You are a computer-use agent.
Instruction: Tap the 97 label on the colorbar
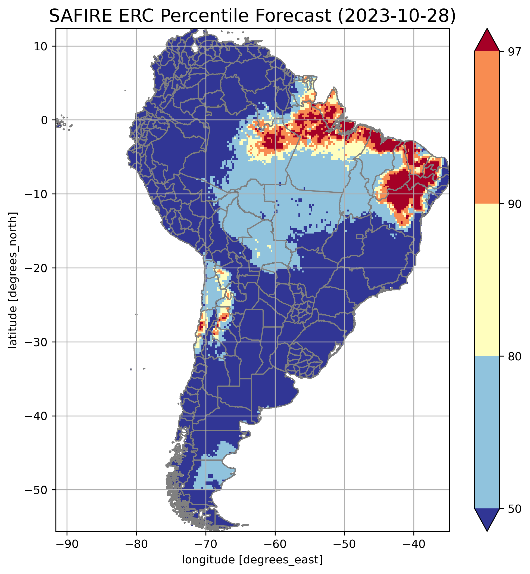pyautogui.click(x=515, y=52)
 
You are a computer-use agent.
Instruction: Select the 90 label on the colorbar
pyautogui.click(x=515, y=204)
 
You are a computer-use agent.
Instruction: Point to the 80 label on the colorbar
pyautogui.click(x=515, y=356)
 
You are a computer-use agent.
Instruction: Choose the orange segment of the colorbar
pyautogui.click(x=487, y=128)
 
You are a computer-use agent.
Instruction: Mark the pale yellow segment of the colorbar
pyautogui.click(x=487, y=280)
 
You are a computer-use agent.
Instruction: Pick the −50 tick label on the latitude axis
pyautogui.click(x=36, y=490)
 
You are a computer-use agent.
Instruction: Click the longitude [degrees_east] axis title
pyautogui.click(x=252, y=560)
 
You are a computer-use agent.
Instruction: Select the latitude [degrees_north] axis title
pyautogui.click(x=13, y=280)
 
